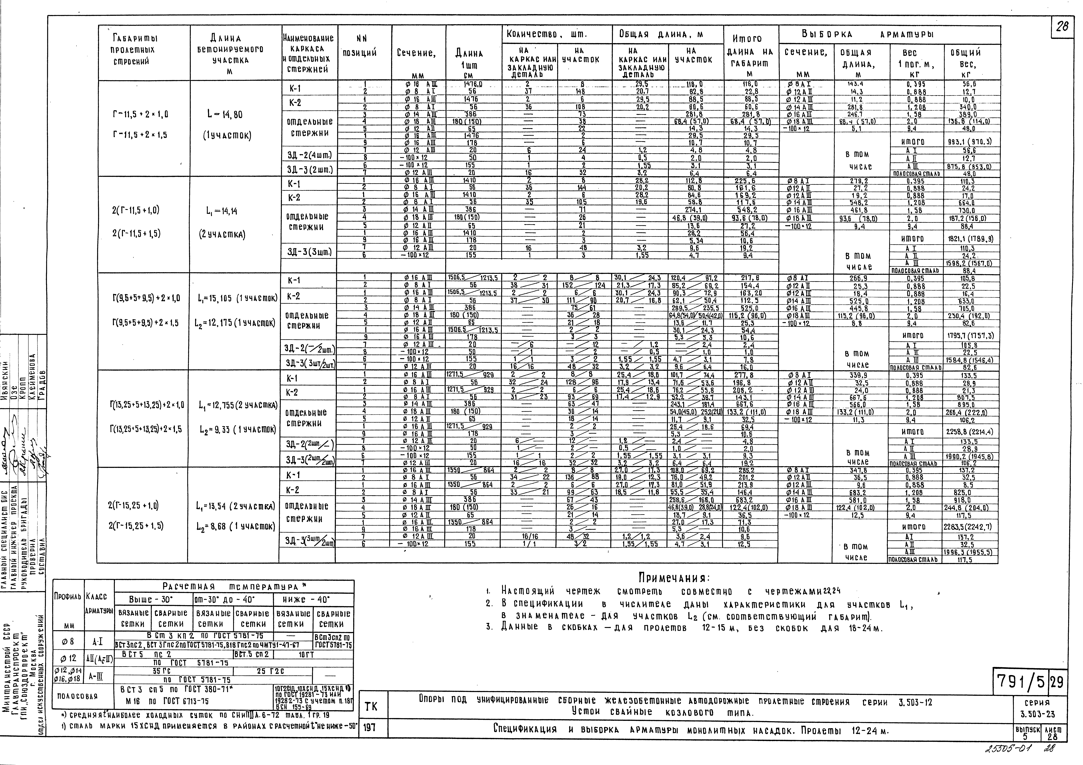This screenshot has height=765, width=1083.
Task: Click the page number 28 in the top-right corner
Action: point(1063,27)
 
